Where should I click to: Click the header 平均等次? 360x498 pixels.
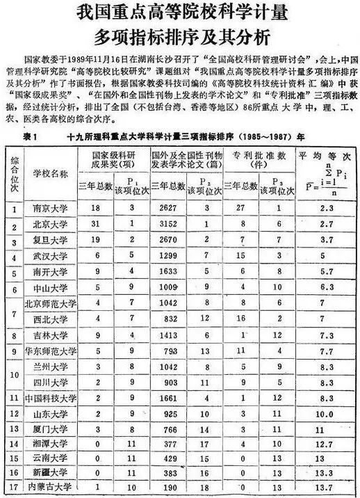[325, 153]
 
